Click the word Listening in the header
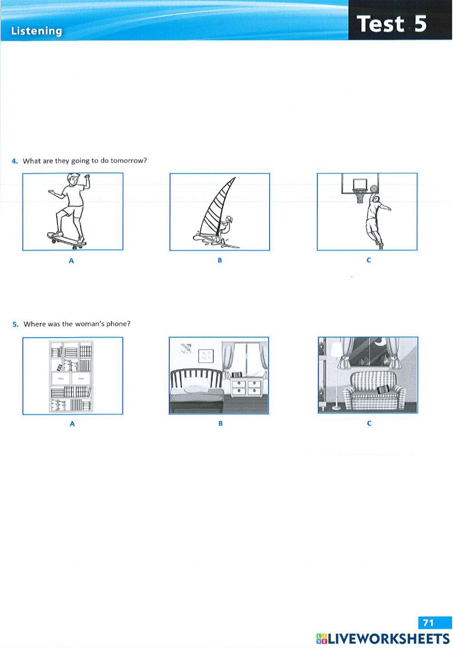click(x=36, y=31)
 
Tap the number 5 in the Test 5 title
click(x=420, y=24)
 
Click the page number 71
click(x=428, y=623)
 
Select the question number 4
click(x=14, y=161)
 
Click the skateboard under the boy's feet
click(x=67, y=240)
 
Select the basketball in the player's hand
click(x=373, y=189)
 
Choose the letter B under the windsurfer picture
click(x=220, y=260)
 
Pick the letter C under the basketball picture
click(x=368, y=260)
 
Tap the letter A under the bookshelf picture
click(x=72, y=424)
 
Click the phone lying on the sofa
click(x=383, y=389)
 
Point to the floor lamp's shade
click(x=336, y=349)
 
